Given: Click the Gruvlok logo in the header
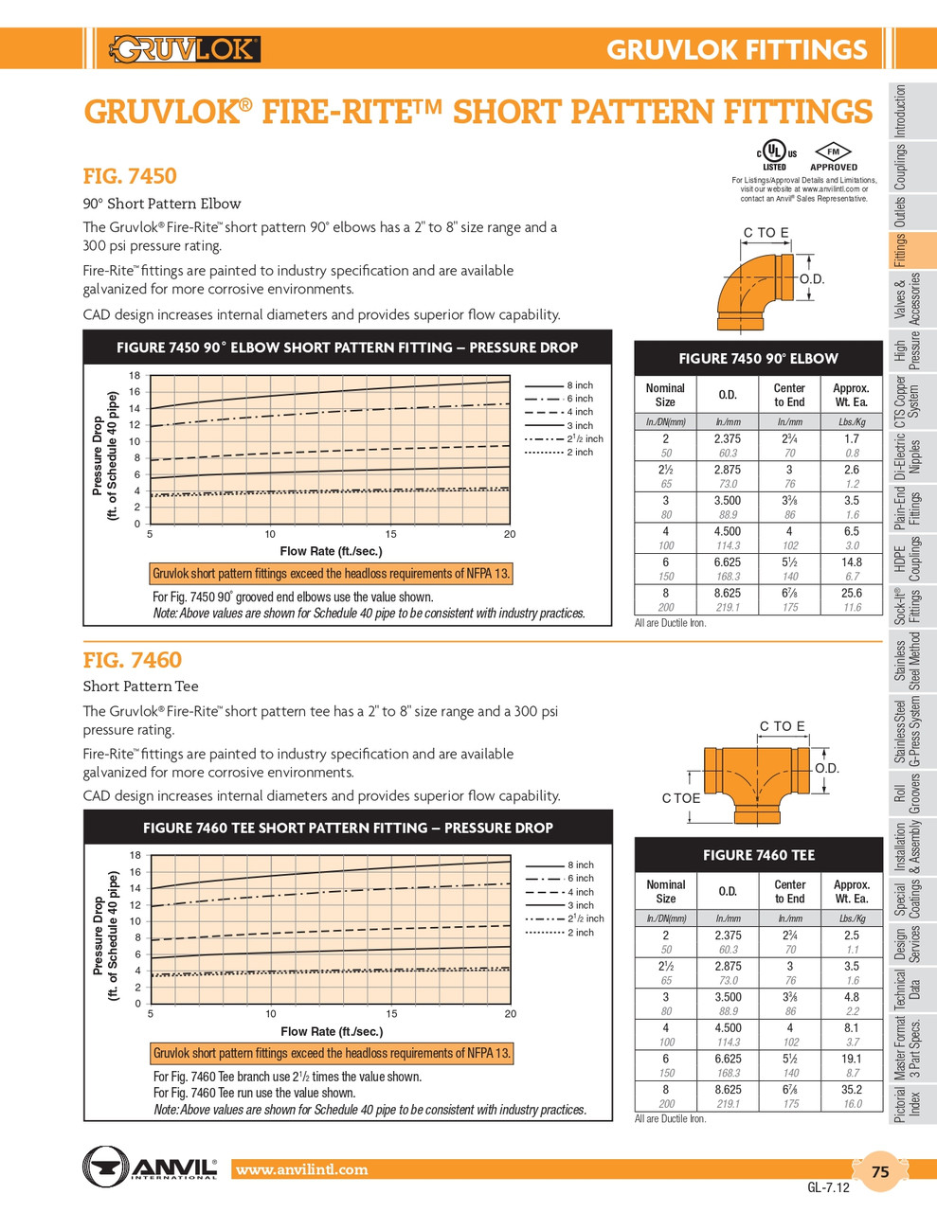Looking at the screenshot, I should [x=184, y=48].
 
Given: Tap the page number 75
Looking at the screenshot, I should [x=880, y=1171].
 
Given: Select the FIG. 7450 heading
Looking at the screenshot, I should [x=130, y=176].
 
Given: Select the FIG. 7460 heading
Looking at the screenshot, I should [x=132, y=660].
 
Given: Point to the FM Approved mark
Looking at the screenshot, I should [x=833, y=156].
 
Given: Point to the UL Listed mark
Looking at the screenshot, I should [x=775, y=156].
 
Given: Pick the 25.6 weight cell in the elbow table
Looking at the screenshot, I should [x=851, y=593].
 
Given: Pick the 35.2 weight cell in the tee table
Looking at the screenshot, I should [x=851, y=1090].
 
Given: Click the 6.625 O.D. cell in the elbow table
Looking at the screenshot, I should [x=727, y=562].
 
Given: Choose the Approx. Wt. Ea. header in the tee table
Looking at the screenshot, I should [x=851, y=891].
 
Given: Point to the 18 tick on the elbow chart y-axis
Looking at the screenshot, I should [x=135, y=376].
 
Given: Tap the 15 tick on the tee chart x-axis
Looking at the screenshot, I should [x=391, y=1014].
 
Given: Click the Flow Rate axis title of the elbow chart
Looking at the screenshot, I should [x=331, y=551].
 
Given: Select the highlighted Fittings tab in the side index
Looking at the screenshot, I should [x=900, y=249].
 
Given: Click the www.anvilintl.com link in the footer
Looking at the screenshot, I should [x=301, y=1170].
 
